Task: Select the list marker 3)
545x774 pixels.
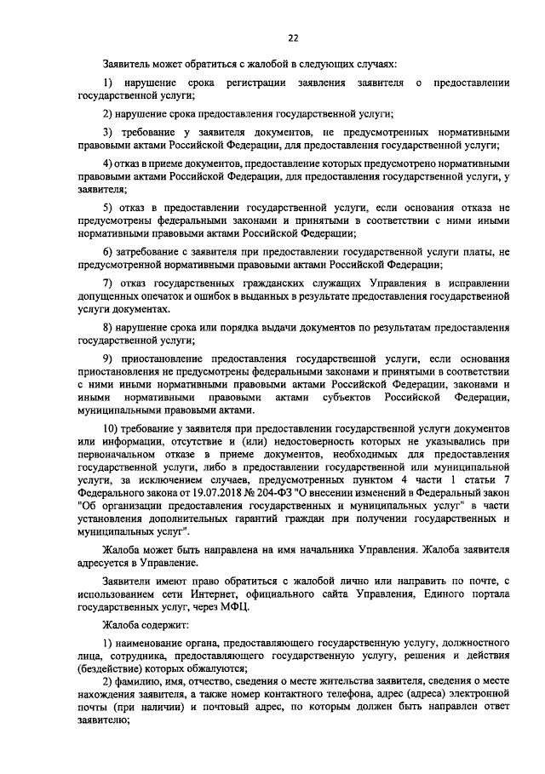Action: click(108, 133)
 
